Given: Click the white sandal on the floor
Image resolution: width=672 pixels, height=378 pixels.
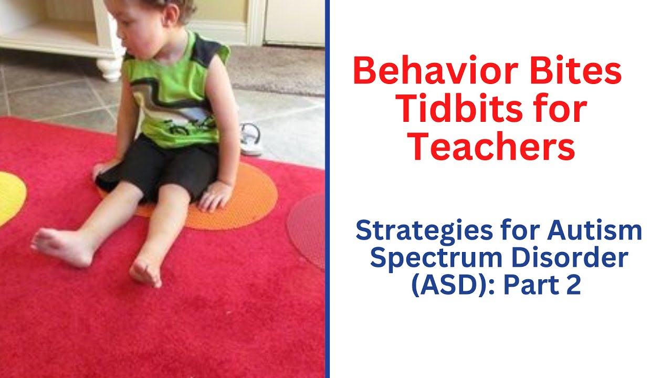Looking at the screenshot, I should [251, 140].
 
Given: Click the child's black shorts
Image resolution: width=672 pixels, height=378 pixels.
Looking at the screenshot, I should [157, 168].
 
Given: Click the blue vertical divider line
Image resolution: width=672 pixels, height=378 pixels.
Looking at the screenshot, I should [327, 189].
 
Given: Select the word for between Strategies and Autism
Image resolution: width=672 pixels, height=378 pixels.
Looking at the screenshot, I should [517, 232].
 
